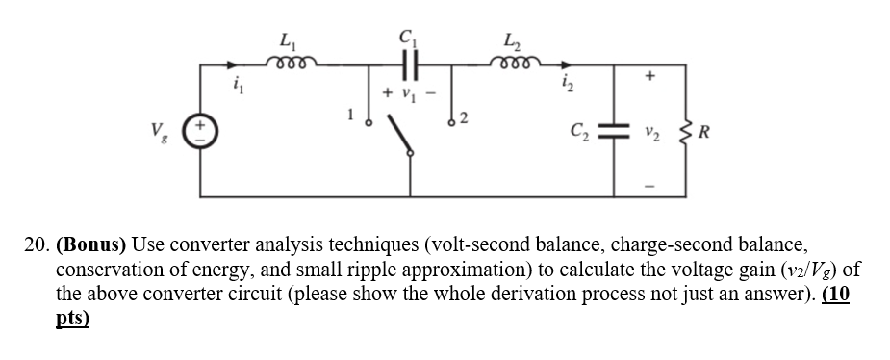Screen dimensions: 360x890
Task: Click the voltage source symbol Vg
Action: pyautogui.click(x=200, y=127)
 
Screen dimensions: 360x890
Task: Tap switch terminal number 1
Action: pyautogui.click(x=367, y=122)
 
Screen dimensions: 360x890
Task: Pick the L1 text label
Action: pyautogui.click(x=286, y=40)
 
